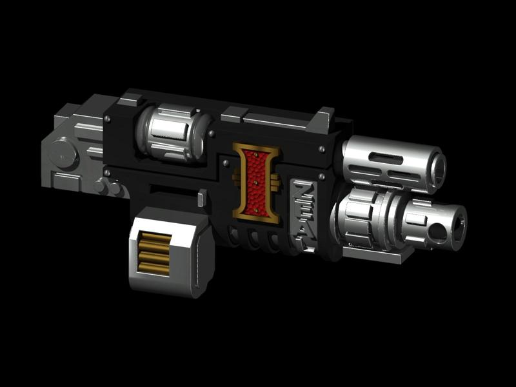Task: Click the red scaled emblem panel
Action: pos(257,184)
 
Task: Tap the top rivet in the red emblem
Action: pos(260,155)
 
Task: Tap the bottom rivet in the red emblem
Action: pos(255,213)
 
